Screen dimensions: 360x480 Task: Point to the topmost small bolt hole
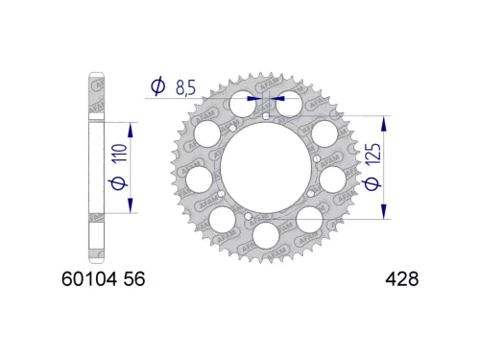click(x=265, y=116)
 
